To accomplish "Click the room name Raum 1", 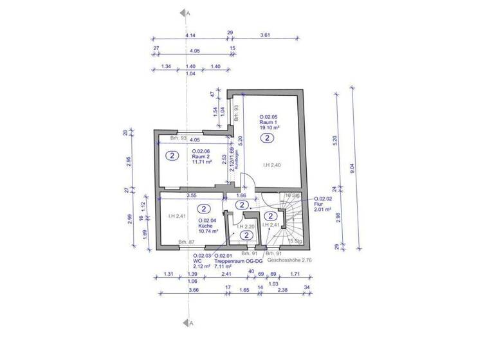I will (268, 122).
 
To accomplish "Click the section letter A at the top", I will (187, 13).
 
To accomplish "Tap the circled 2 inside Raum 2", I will (172, 156).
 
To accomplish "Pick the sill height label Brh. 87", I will (187, 242).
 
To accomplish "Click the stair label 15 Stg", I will (296, 241).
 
